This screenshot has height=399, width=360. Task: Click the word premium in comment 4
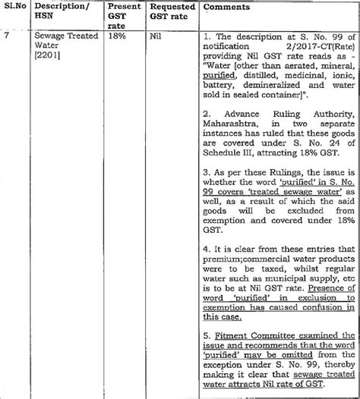pos(227,247)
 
